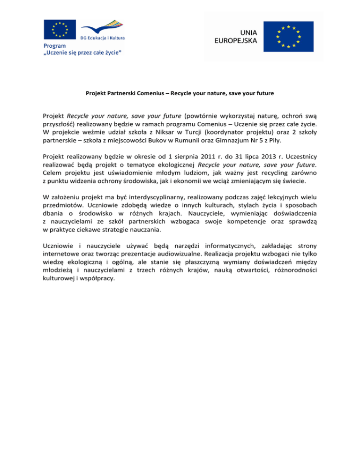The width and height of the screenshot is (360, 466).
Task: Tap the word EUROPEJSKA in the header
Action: click(235, 41)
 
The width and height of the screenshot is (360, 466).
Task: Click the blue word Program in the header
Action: click(55, 46)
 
